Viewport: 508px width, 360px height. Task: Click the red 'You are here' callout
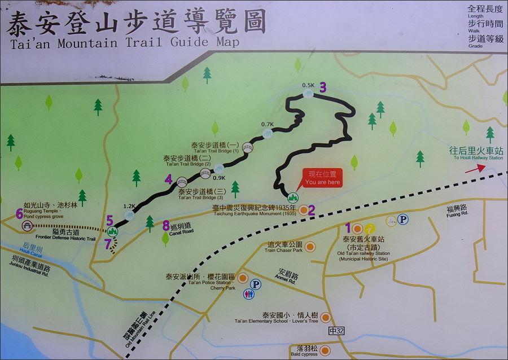(322, 178)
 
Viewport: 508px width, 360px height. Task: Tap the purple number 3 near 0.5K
(323, 87)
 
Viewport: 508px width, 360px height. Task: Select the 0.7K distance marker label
(268, 124)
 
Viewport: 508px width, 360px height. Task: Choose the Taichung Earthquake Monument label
(254, 210)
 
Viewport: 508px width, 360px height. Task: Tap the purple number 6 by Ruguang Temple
(20, 213)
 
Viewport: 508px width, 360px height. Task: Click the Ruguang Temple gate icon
(26, 226)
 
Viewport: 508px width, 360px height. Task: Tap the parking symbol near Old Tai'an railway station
(404, 219)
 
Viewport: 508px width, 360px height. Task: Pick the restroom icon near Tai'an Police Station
(249, 294)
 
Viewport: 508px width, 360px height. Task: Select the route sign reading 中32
(336, 331)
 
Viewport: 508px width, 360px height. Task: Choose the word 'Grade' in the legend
(475, 46)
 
